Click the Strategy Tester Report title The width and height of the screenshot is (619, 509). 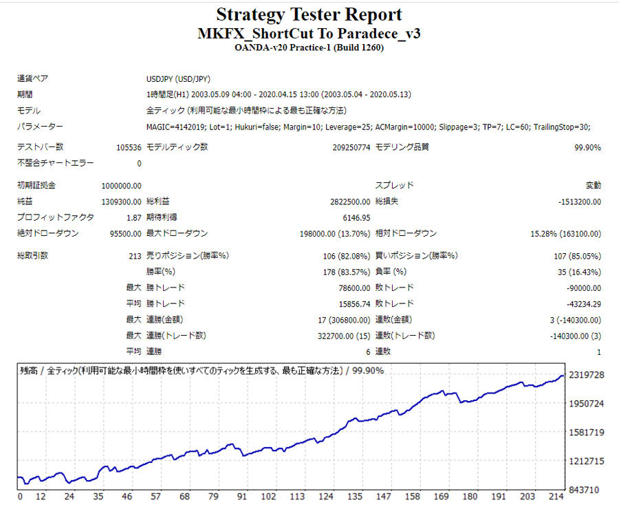(309, 14)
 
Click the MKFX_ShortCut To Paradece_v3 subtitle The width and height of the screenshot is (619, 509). (309, 34)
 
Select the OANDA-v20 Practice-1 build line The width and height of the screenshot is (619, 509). (309, 47)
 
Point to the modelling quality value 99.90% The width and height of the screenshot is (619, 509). (587, 147)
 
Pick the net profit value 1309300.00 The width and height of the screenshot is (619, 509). (121, 202)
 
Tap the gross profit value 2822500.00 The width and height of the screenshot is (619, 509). (350, 202)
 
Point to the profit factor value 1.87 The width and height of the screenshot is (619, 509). (133, 217)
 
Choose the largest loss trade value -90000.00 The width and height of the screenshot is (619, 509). (581, 288)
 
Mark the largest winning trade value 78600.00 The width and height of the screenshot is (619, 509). (353, 288)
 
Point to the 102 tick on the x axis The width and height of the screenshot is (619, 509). (269, 497)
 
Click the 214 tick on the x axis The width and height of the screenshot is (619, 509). (556, 497)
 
